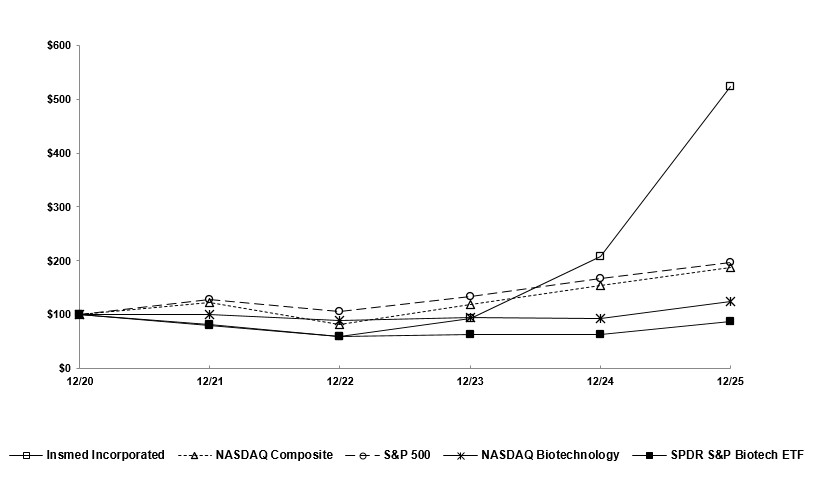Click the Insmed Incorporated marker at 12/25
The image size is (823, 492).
pyautogui.click(x=730, y=86)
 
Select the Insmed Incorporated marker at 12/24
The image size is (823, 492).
pyautogui.click(x=600, y=256)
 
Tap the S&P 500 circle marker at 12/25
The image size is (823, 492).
pyautogui.click(x=730, y=262)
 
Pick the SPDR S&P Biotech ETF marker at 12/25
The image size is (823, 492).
pyautogui.click(x=730, y=321)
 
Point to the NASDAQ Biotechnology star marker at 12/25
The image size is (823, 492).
pyautogui.click(x=730, y=301)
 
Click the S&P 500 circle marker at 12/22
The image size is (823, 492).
pyautogui.click(x=339, y=311)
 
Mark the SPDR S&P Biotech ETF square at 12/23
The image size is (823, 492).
pyautogui.click(x=470, y=334)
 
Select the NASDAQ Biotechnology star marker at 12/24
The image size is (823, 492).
pyautogui.click(x=600, y=318)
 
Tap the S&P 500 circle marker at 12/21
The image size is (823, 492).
pyautogui.click(x=209, y=299)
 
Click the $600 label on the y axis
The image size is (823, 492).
pyautogui.click(x=57, y=46)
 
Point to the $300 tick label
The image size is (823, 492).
pyautogui.click(x=57, y=207)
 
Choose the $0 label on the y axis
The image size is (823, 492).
pyautogui.click(x=62, y=368)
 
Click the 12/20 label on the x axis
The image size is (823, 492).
pyautogui.click(x=79, y=381)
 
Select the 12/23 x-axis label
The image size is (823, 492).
pyautogui.click(x=470, y=381)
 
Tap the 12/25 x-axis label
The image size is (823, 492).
pyautogui.click(x=730, y=381)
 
